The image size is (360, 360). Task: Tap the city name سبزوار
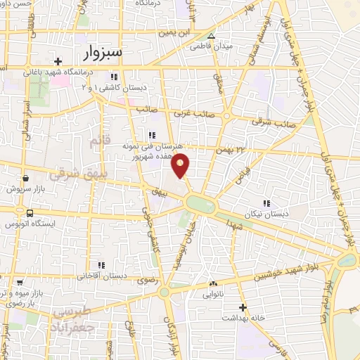pos(102,53)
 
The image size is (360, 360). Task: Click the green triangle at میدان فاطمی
pos(211,36)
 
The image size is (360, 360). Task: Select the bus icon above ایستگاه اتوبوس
pos(30,213)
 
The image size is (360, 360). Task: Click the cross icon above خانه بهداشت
pos(243,307)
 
